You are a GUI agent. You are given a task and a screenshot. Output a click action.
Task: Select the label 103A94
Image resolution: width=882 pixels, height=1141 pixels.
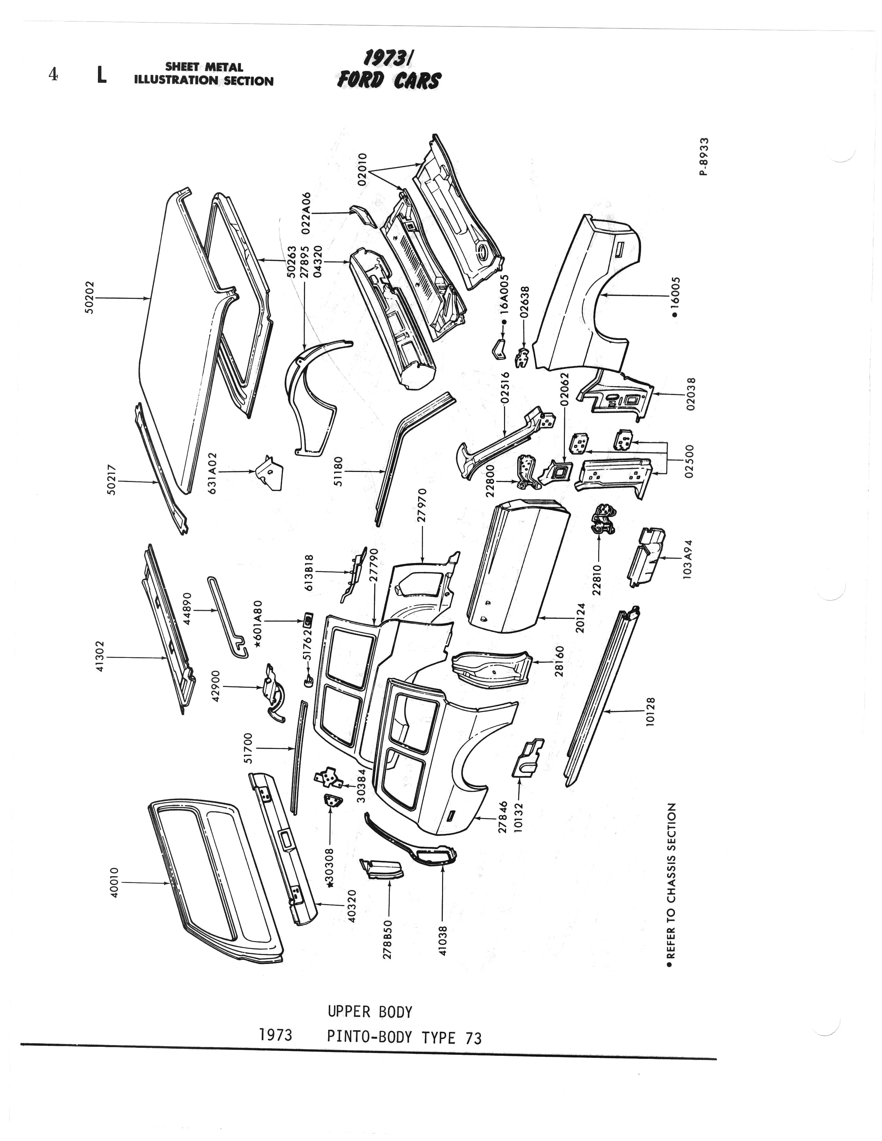[688, 559]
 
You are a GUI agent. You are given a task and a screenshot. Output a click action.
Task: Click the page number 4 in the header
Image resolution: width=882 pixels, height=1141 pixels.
[53, 75]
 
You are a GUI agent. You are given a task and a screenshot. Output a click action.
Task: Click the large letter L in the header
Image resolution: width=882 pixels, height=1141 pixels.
[102, 75]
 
